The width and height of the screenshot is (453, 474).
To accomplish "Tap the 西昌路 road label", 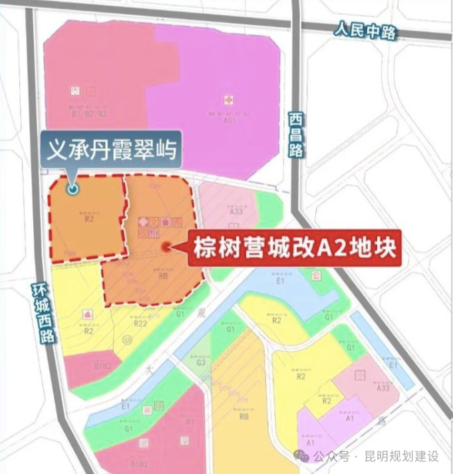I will click(296, 134).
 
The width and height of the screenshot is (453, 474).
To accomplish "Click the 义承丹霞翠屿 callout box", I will click(110, 151).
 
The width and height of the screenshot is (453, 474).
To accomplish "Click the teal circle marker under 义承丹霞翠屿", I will click(73, 189).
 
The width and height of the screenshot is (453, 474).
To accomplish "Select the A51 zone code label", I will click(229, 120).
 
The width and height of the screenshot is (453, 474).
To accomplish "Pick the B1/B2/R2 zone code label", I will click(88, 114).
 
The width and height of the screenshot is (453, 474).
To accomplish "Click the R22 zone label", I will click(140, 324).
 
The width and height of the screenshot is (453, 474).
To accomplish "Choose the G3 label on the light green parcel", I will click(201, 363).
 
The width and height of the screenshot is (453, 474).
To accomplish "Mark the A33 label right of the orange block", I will click(236, 212).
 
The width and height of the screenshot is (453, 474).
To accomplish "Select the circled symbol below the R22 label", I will click(128, 340).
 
